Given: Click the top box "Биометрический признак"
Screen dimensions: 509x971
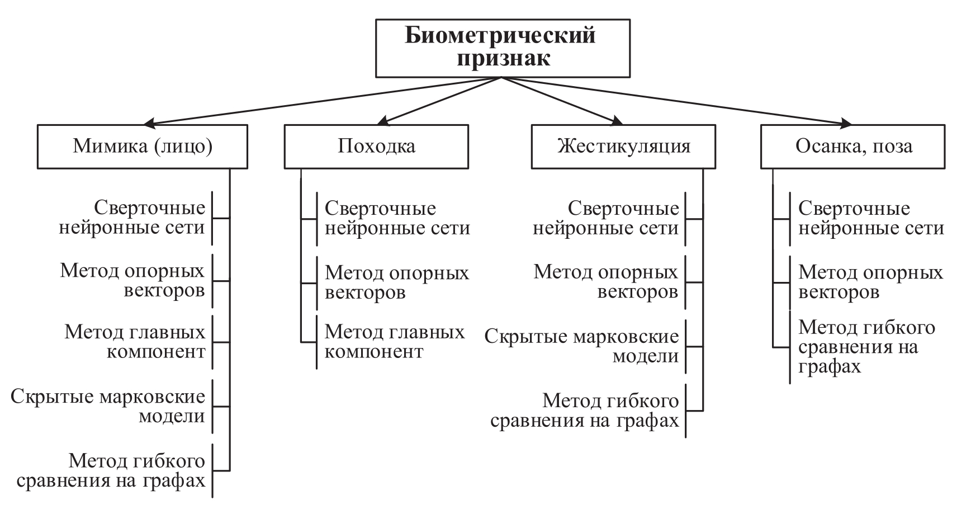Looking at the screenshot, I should coord(502,48).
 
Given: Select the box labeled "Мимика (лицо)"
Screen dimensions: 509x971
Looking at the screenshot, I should coord(142,147).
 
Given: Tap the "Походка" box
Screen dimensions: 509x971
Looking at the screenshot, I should coord(376,147).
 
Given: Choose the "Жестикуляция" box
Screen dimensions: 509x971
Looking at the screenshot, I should coord(623,147).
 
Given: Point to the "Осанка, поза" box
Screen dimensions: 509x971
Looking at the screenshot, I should coord(853,147).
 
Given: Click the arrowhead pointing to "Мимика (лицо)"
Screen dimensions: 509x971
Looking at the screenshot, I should coord(149,123).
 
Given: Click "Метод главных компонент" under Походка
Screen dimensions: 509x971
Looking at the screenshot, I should coord(395,342).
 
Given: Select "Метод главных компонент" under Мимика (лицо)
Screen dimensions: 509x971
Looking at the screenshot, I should coord(134,342).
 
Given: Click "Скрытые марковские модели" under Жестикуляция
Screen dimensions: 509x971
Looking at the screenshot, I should coord(581,346).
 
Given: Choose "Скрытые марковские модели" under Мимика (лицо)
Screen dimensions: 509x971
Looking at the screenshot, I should coord(108,407).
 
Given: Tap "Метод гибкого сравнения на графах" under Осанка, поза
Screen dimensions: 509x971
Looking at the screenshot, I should coord(866,347).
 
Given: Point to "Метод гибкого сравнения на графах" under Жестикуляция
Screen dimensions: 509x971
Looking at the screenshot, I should coord(584,411).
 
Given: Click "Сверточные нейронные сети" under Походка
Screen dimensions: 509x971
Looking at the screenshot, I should coord(397,218).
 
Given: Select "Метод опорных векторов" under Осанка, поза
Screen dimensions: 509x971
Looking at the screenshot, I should coord(870,282).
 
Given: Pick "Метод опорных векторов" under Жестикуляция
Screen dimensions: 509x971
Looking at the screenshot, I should coord(606,282).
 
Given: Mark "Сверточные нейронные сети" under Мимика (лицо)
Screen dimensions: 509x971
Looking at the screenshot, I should coord(132,218).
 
